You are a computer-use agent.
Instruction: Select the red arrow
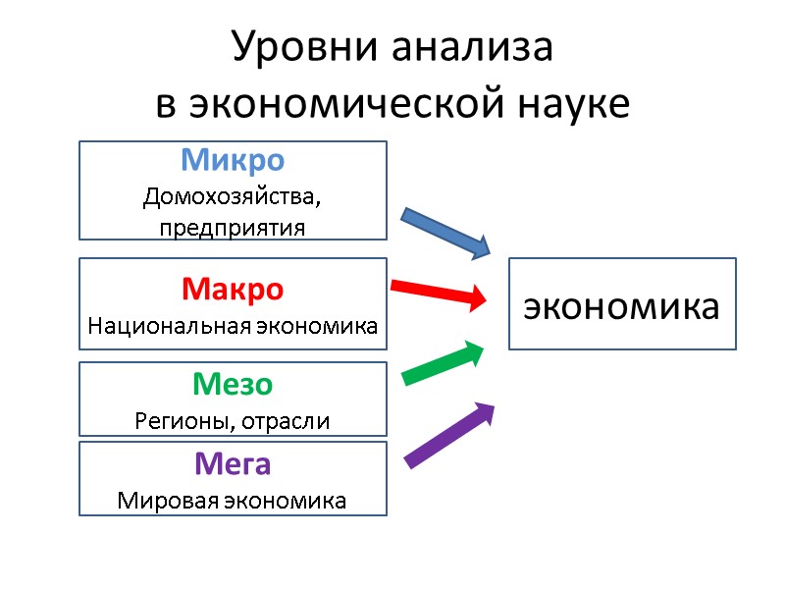click(439, 291)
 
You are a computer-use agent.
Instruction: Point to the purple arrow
click(449, 434)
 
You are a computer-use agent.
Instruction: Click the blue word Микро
click(233, 159)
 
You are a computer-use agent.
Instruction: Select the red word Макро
click(233, 291)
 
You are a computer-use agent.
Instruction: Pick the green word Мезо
click(233, 385)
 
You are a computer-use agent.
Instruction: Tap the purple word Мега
click(233, 462)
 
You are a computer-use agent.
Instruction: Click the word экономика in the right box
click(621, 305)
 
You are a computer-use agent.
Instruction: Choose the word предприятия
click(233, 227)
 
